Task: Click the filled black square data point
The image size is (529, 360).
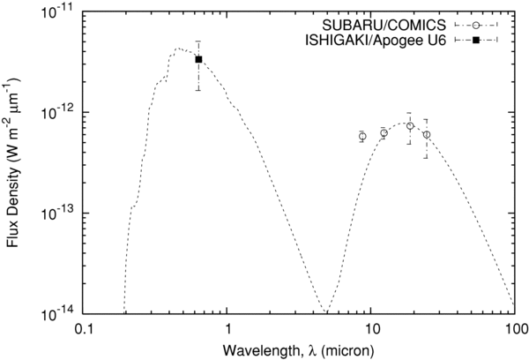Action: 199,59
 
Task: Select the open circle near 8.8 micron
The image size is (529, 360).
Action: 362,136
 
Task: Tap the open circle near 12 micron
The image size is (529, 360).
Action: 384,132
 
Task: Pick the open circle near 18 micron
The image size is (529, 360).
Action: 410,126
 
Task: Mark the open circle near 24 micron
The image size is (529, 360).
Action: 427,134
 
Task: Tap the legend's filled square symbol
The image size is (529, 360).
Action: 476,41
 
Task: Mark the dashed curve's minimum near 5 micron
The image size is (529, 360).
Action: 327,311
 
